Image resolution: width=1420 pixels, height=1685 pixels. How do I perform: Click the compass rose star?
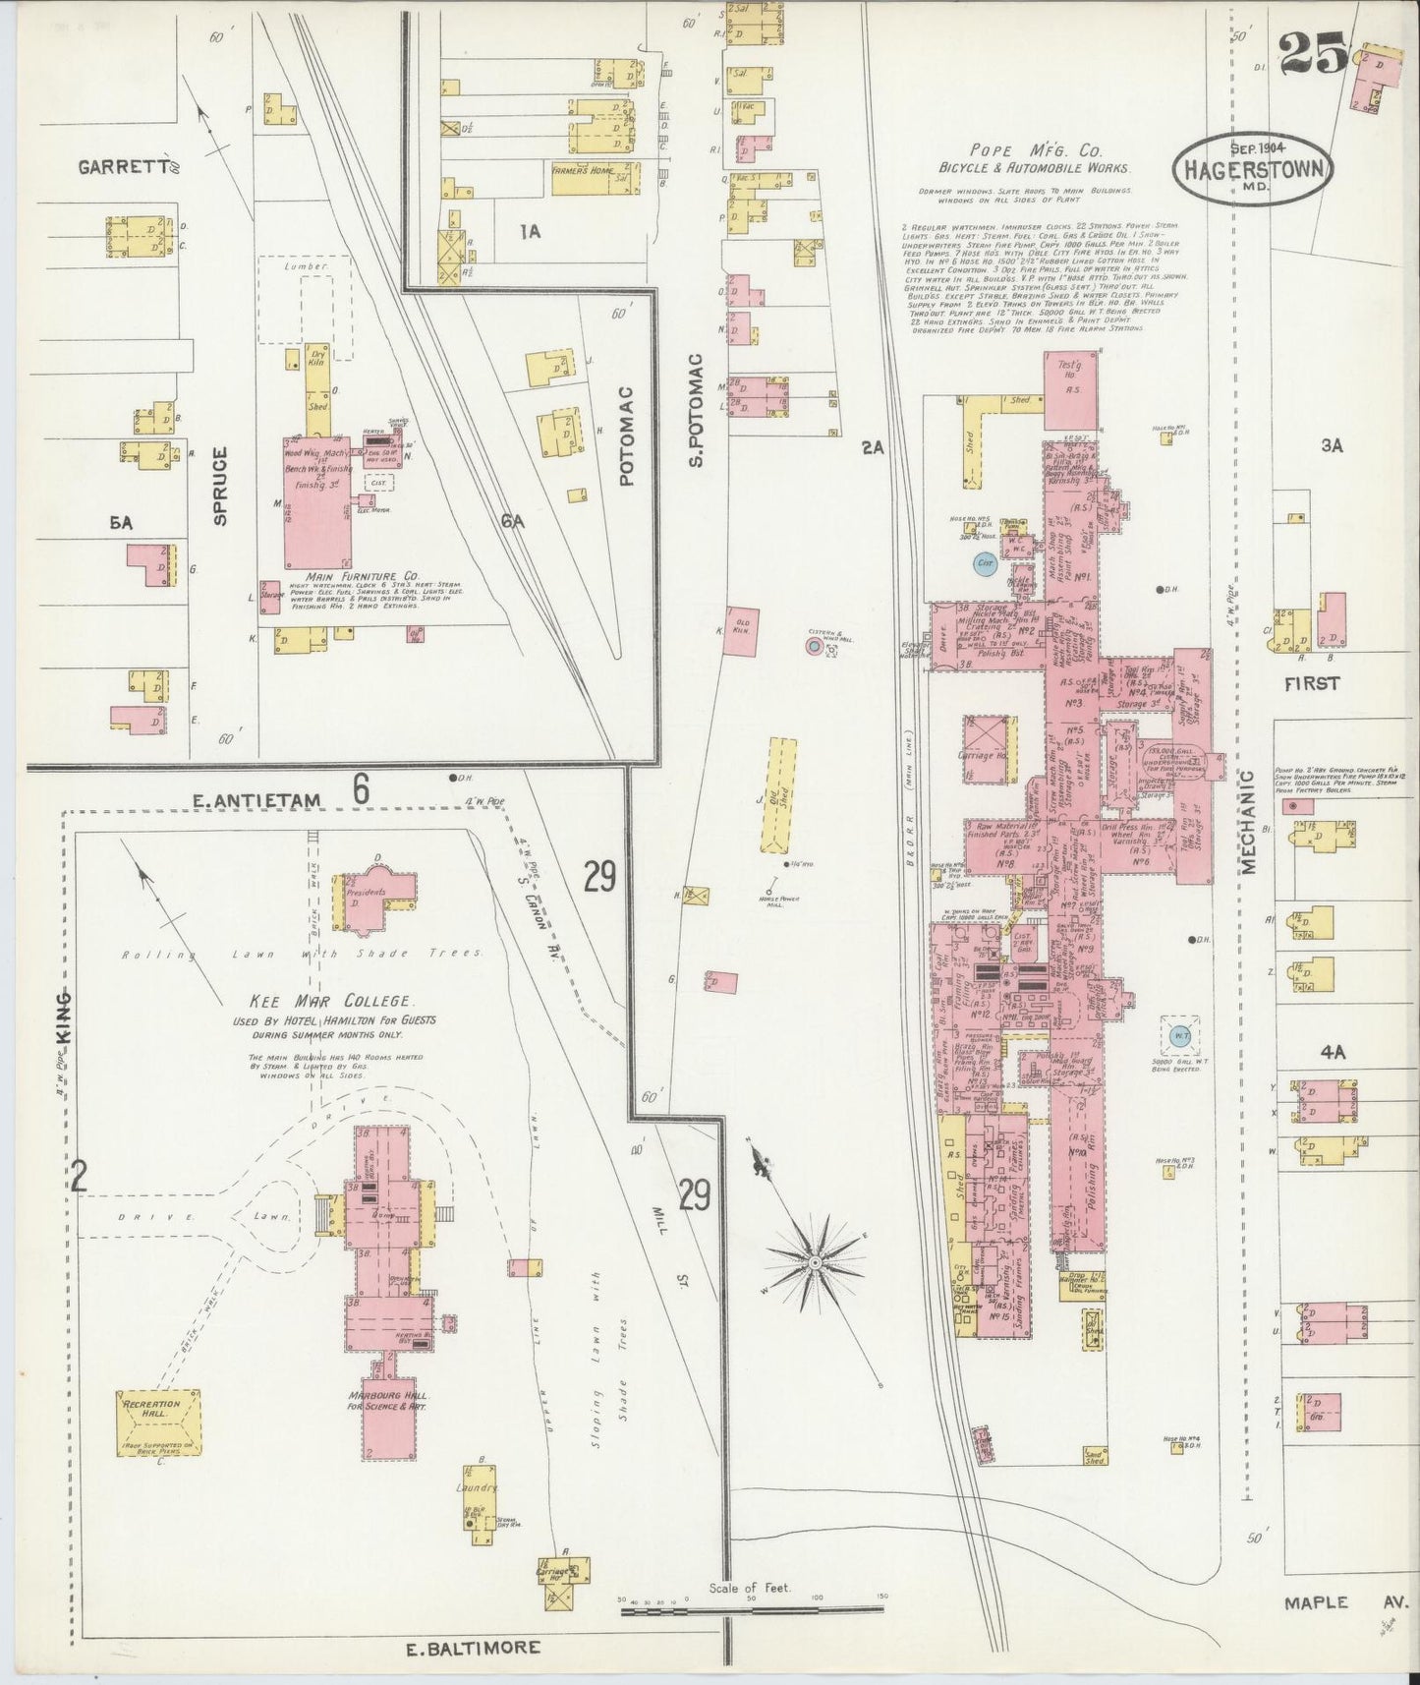click(815, 1259)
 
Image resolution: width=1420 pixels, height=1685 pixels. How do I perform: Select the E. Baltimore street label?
click(473, 1646)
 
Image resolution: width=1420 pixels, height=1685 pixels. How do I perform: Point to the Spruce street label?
click(220, 486)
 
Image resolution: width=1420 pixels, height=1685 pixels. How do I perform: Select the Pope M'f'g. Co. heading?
click(1035, 150)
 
